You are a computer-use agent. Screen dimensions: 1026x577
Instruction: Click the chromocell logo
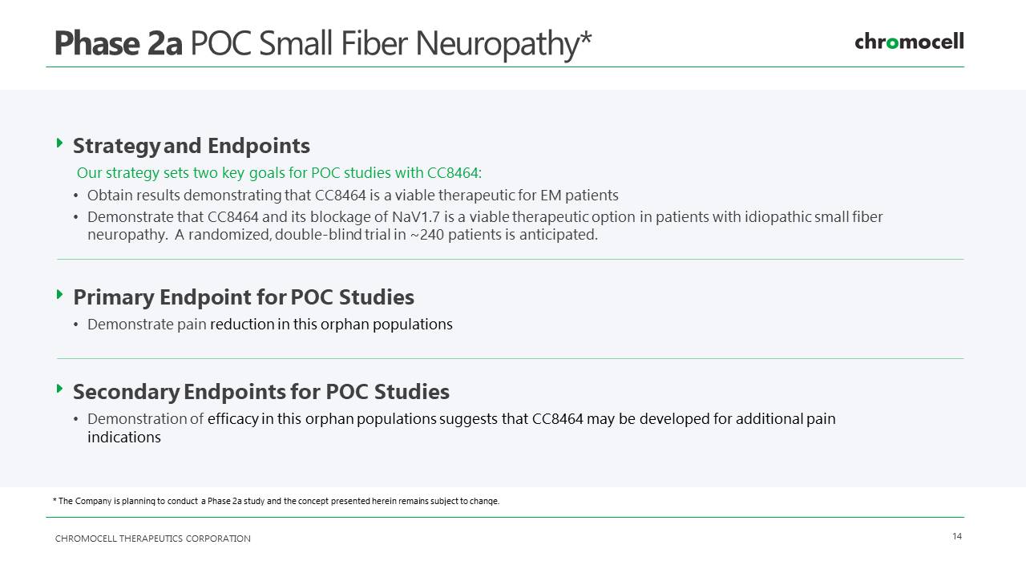(909, 42)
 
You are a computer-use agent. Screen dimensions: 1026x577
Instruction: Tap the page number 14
(957, 536)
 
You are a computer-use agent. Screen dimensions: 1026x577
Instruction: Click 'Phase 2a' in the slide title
(119, 43)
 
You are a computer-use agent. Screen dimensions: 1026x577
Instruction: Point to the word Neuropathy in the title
(498, 44)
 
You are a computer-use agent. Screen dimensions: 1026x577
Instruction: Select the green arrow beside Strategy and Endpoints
(59, 143)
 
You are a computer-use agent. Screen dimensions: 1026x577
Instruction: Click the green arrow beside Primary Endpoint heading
(59, 294)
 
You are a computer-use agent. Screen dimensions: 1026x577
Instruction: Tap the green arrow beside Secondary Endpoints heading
(59, 389)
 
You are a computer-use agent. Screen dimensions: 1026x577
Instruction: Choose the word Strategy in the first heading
(116, 147)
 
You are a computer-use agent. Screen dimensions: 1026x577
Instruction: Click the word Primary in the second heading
(114, 297)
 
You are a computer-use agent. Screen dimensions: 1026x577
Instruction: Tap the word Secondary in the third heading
(127, 392)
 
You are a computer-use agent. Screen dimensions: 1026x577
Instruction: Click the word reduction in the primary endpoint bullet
(242, 325)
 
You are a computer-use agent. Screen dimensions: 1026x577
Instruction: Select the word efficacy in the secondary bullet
(232, 419)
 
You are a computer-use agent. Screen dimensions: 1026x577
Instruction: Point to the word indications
(124, 438)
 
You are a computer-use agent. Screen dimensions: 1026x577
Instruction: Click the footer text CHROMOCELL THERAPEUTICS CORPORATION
(153, 539)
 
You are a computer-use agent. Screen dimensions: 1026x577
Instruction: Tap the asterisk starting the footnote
(55, 500)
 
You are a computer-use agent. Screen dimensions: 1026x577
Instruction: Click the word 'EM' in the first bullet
(551, 196)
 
